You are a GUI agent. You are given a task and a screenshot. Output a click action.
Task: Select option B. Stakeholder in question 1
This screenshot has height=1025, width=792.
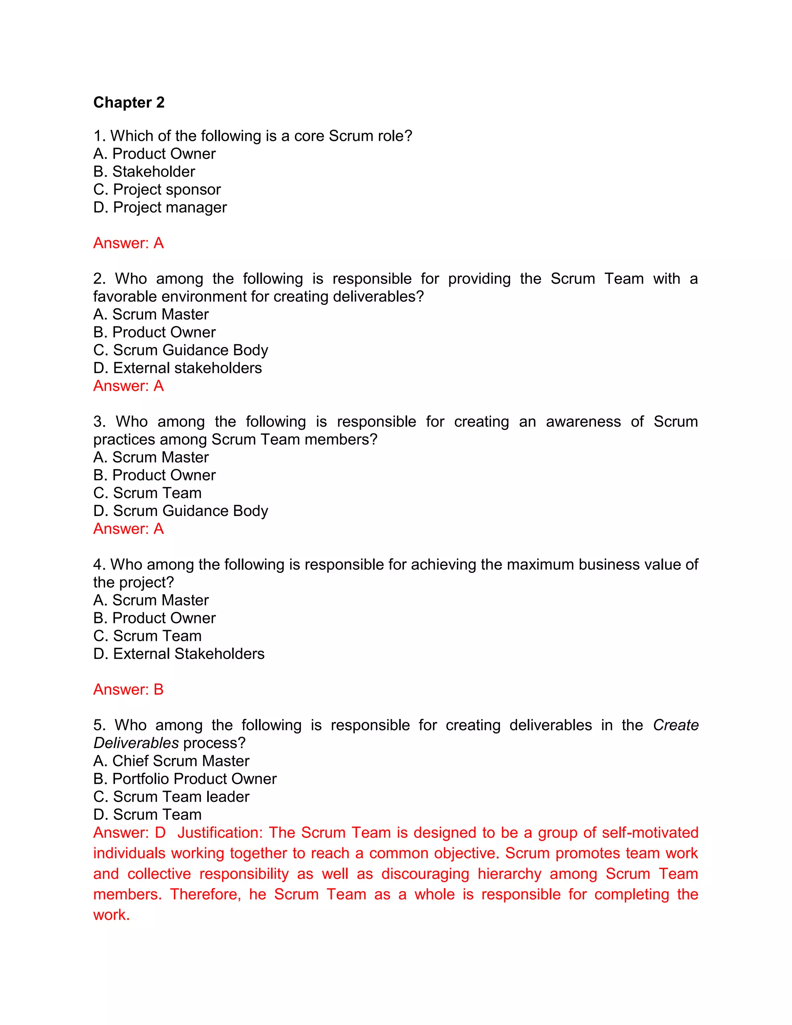point(144,172)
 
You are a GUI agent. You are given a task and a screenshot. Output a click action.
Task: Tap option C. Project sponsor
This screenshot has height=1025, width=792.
point(157,190)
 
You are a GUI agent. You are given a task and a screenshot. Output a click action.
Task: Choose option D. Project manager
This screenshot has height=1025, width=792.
point(160,207)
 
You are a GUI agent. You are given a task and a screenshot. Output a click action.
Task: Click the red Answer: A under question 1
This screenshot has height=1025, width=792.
point(128,243)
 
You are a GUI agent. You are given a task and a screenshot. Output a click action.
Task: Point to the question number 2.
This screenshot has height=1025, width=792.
point(99,279)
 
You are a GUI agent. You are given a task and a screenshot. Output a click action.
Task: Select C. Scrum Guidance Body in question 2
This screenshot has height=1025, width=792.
point(181,350)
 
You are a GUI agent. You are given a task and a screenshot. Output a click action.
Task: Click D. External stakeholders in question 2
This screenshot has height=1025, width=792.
point(178,368)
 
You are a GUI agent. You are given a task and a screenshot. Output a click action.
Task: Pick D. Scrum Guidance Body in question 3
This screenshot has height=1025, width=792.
point(181,511)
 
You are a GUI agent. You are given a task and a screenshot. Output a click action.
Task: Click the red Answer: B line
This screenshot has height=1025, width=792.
point(128,689)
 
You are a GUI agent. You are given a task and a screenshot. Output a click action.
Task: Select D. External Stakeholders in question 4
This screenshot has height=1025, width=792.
point(179,654)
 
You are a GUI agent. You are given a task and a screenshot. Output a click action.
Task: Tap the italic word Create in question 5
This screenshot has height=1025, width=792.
point(676,725)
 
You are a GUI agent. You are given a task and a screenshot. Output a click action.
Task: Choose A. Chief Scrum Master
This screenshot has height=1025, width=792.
point(171,761)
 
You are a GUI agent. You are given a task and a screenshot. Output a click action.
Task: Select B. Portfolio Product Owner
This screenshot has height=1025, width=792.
point(185,779)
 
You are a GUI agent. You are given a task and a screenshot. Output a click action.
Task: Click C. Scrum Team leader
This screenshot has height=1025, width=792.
point(171,796)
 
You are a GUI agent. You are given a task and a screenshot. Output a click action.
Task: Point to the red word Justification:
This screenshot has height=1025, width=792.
point(220,833)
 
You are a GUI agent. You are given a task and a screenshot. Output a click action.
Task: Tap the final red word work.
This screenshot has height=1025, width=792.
point(111,915)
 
